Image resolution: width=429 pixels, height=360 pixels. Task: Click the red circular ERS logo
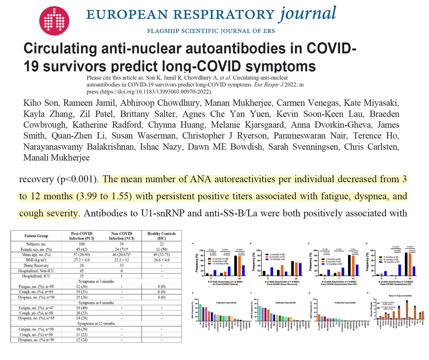pyautogui.click(x=54, y=21)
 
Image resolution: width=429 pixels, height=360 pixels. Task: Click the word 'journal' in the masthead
pyautogui.click(x=308, y=14)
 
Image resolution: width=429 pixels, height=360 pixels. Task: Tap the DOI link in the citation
pyautogui.click(x=156, y=92)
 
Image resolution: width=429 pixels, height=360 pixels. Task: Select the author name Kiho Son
pyautogui.click(x=41, y=103)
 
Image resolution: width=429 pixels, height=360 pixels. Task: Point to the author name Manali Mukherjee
pyautogui.click(x=57, y=157)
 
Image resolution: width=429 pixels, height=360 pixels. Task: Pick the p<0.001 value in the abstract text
pyautogui.click(x=78, y=179)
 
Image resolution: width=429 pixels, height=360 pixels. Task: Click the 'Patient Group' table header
pyautogui.click(x=36, y=236)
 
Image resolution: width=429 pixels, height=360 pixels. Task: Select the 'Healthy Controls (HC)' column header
pyautogui.click(x=161, y=236)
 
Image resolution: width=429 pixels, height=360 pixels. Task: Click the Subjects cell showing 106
pyautogui.click(x=82, y=244)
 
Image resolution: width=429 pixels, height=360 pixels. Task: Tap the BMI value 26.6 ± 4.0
pyautogui.click(x=161, y=260)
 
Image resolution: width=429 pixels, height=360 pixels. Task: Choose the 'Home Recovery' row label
pyautogui.click(x=36, y=265)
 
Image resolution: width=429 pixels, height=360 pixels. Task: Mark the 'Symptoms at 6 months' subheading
pyautogui.click(x=96, y=303)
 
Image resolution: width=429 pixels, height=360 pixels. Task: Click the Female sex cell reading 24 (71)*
pyautogui.click(x=121, y=249)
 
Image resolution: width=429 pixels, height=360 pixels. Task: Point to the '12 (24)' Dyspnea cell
pyautogui.click(x=82, y=340)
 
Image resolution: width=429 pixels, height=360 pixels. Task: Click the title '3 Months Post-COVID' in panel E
pyautogui.click(x=226, y=303)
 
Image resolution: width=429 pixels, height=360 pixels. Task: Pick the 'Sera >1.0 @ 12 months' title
pyautogui.click(x=400, y=296)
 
